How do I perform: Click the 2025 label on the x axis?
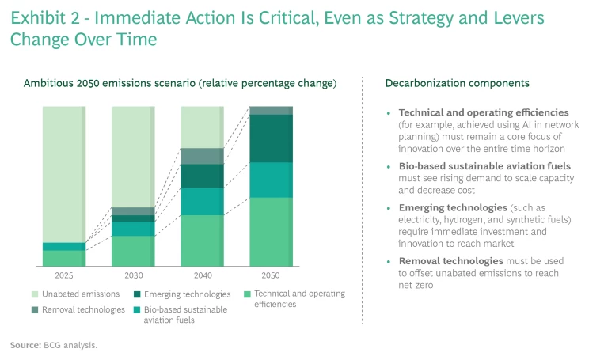pyautogui.click(x=64, y=275)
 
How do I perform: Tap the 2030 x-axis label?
pyautogui.click(x=133, y=275)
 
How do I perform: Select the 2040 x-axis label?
pyautogui.click(x=202, y=275)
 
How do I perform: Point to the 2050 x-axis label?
pyautogui.click(x=271, y=275)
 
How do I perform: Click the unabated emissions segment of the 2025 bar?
pyautogui.click(x=64, y=174)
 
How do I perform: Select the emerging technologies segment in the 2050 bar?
pyautogui.click(x=271, y=138)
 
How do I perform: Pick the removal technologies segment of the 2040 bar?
pyautogui.click(x=202, y=156)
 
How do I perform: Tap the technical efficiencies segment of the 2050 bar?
pyautogui.click(x=271, y=231)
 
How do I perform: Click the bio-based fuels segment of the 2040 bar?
pyautogui.click(x=202, y=202)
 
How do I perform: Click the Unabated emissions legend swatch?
pyautogui.click(x=35, y=294)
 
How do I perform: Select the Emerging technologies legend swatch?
pyautogui.click(x=137, y=294)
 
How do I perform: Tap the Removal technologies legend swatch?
pyautogui.click(x=35, y=310)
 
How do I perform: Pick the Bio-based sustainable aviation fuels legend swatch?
pyautogui.click(x=137, y=310)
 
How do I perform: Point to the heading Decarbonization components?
pyautogui.click(x=457, y=83)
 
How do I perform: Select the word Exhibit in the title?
pyautogui.click(x=37, y=17)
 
